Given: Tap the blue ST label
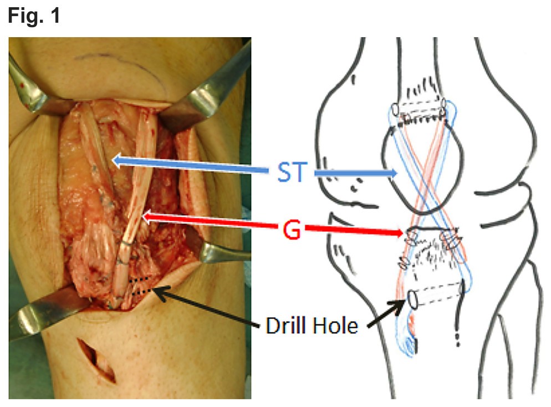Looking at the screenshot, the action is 290,172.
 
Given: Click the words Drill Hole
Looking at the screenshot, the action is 312,325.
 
